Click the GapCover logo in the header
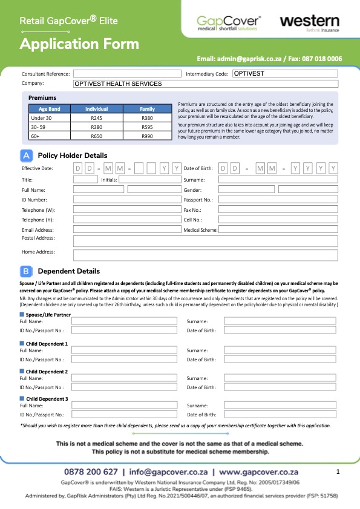[x=228, y=24]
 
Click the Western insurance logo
[x=309, y=23]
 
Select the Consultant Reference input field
[x=127, y=73]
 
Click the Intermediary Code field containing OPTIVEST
[x=284, y=73]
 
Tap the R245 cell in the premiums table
[x=96, y=118]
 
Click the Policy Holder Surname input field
[x=278, y=180]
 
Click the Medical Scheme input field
[x=278, y=230]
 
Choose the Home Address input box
[x=205, y=254]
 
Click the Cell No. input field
[x=278, y=220]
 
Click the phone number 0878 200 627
[x=91, y=471]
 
